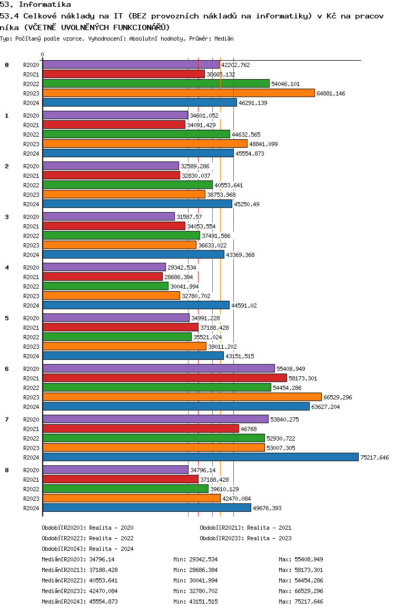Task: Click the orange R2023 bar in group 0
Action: point(179,93)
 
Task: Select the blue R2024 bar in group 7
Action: point(201,457)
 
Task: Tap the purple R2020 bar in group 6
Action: point(159,369)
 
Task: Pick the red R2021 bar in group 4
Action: point(103,276)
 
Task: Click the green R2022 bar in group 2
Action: point(127,185)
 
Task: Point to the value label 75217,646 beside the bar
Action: point(374,457)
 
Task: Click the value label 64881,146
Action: point(331,93)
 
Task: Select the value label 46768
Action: point(249,429)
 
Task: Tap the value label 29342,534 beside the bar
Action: point(182,268)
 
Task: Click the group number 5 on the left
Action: point(7,318)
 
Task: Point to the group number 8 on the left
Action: point(7,470)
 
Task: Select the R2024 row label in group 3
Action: point(31,255)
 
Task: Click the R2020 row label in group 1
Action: point(31,116)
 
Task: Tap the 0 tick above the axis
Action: point(42,54)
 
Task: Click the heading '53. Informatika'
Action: point(35,5)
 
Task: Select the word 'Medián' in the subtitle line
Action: point(224,39)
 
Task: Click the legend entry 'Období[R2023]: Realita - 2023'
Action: point(245,538)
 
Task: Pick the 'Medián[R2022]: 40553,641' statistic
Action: point(80,580)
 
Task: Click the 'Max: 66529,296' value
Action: point(301,591)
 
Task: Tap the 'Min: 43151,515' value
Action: point(195,602)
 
